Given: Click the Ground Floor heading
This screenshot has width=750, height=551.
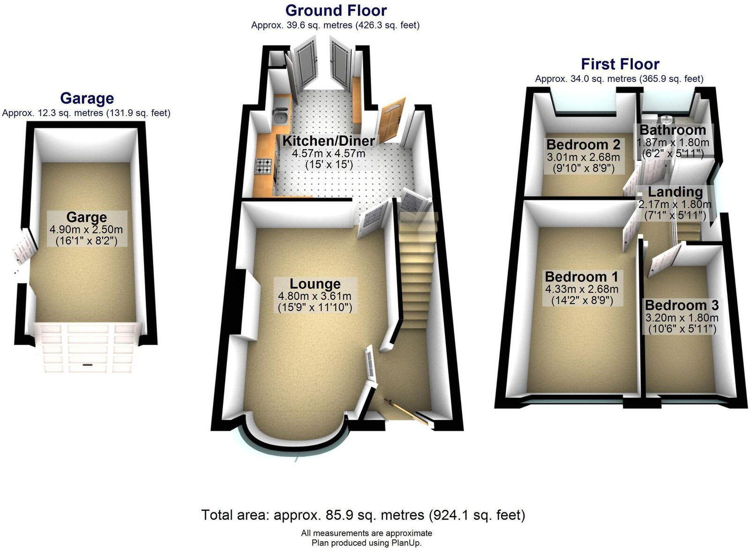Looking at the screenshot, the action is tap(336, 10).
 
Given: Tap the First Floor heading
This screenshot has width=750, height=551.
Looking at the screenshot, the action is tap(620, 64).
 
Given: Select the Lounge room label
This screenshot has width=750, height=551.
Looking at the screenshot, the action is tap(315, 284).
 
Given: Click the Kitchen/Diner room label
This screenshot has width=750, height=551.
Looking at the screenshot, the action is tap(329, 141).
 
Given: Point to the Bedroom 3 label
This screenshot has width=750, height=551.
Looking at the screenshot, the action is tap(682, 305).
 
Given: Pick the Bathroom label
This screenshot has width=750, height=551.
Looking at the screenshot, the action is tap(673, 130).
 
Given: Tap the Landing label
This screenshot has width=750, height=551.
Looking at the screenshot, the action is tap(675, 192).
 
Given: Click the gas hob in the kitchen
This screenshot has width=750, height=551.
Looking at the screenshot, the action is tap(264, 166).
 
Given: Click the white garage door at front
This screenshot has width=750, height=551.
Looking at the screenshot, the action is tap(87, 347).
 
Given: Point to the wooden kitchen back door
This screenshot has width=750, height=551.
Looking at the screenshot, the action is tap(392, 119).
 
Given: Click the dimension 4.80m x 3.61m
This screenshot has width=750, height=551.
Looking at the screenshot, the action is tap(315, 296).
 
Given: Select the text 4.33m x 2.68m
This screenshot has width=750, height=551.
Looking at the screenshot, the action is tap(582, 289).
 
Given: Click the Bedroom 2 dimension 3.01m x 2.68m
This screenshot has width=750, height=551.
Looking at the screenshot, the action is tap(583, 157).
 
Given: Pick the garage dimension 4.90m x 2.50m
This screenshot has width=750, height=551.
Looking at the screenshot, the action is tap(86, 230).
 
